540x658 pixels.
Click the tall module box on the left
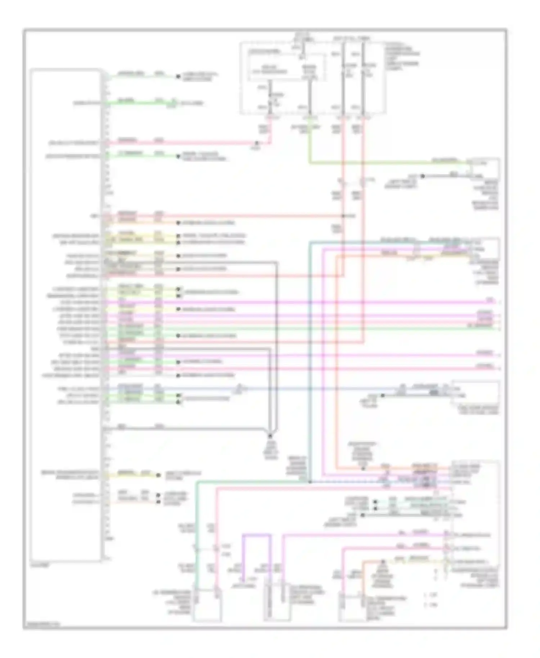[66, 315]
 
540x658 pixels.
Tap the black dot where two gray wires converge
[270, 436]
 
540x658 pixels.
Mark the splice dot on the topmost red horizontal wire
[256, 143]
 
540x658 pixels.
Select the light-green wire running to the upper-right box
[389, 163]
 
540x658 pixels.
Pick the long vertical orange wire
[337, 360]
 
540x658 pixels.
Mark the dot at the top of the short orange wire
[383, 562]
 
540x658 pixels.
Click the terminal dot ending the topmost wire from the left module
[177, 76]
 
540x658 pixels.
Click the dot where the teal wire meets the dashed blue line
[310, 482]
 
